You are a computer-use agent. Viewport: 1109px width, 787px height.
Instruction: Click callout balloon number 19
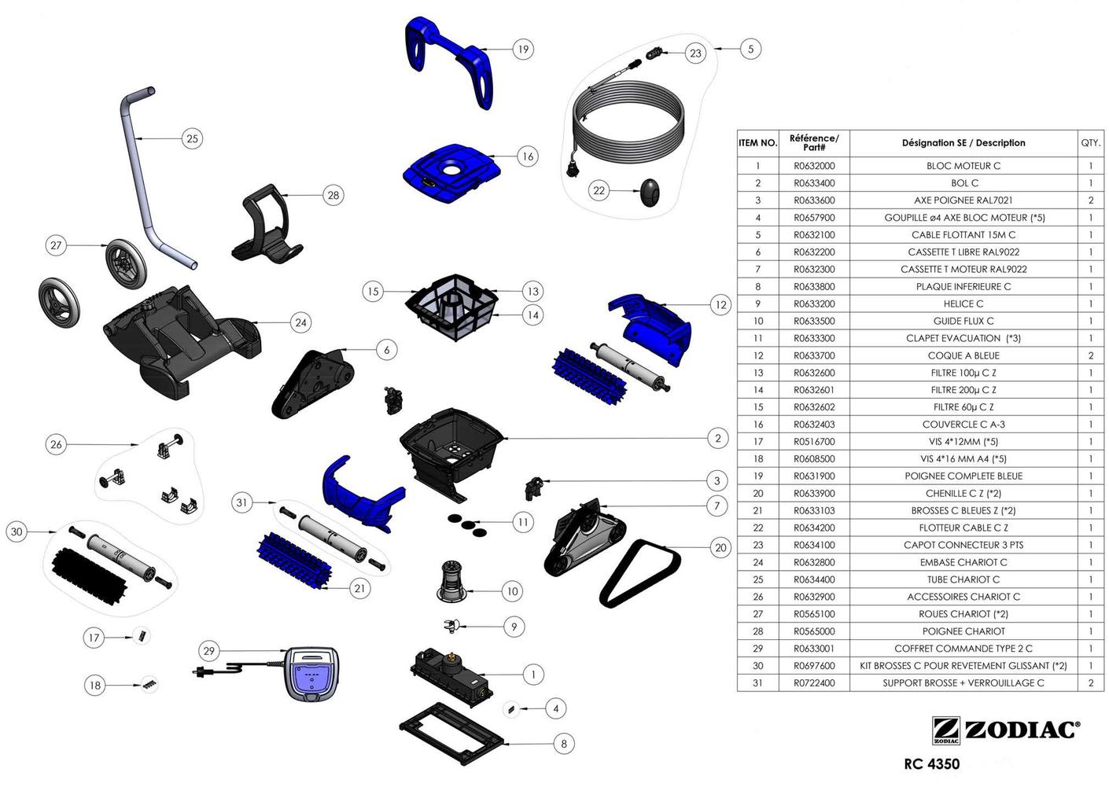click(x=523, y=50)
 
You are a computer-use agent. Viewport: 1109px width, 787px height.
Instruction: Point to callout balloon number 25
click(x=192, y=139)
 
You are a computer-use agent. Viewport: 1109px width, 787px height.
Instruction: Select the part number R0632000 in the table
click(x=814, y=166)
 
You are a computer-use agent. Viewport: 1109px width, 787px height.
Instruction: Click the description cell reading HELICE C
click(x=963, y=303)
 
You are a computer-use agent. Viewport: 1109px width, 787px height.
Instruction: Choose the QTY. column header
click(x=1090, y=143)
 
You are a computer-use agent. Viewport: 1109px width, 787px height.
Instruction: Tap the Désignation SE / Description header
click(x=963, y=143)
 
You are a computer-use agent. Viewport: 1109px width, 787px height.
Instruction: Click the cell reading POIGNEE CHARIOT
click(x=963, y=631)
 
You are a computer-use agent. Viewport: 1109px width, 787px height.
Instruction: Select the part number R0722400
click(x=814, y=683)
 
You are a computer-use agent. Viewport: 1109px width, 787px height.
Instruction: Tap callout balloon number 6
click(x=386, y=350)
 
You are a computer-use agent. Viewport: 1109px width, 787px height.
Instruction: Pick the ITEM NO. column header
click(x=757, y=143)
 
